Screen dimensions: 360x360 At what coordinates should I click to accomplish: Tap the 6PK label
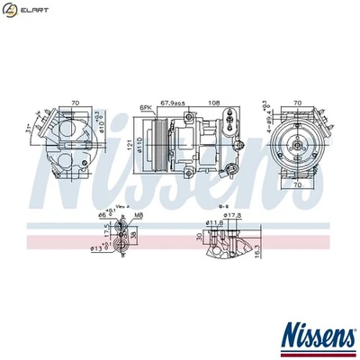145,107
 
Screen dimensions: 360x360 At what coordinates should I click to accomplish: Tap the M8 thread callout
139,216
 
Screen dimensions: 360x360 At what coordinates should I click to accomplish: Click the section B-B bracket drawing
225,246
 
